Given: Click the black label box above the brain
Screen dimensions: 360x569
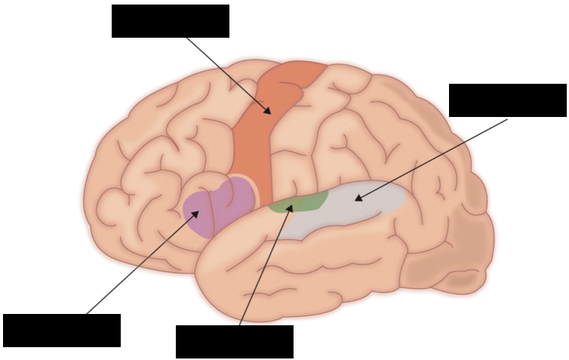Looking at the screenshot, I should tap(170, 21).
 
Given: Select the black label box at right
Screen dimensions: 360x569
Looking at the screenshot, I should tap(507, 100).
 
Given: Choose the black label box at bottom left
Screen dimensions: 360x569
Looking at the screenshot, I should tap(61, 331).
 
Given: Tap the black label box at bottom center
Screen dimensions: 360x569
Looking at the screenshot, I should tap(234, 342).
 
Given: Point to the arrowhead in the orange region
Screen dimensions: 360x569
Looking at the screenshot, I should tap(268, 111).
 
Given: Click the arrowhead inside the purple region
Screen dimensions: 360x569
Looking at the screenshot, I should tap(195, 214).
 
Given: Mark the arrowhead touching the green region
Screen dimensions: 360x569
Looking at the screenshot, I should tap(289, 207).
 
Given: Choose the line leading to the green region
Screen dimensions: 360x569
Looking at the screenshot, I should tap(264, 268).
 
